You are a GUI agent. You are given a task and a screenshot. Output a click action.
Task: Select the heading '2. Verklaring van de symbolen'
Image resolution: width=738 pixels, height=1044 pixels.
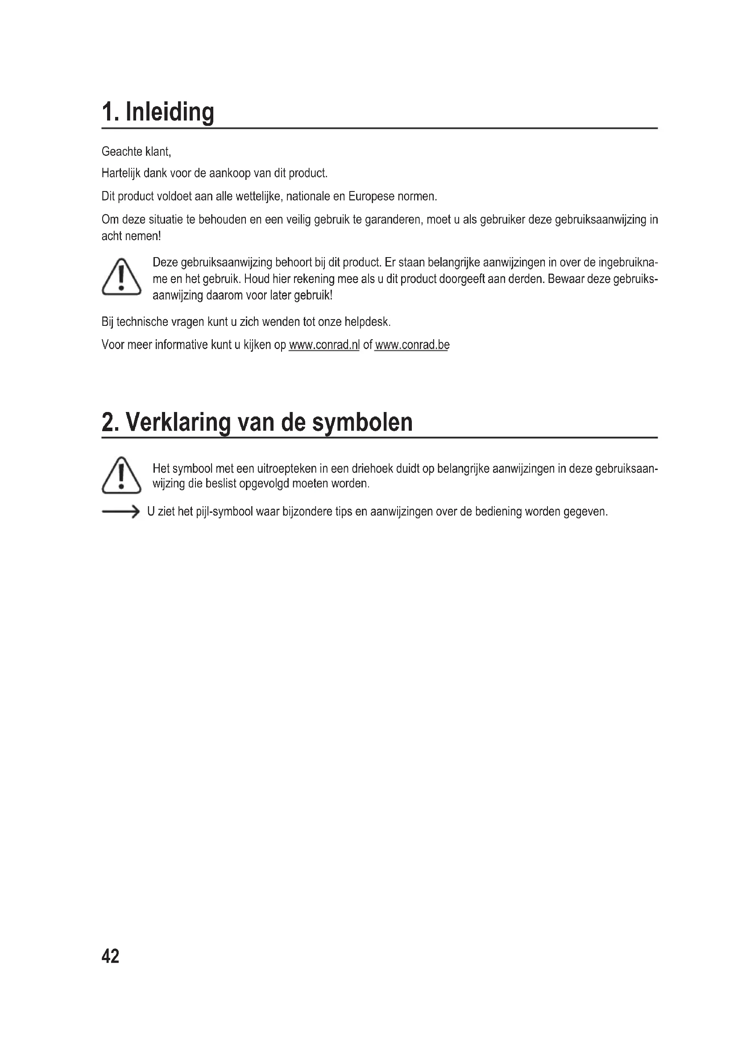click(x=257, y=422)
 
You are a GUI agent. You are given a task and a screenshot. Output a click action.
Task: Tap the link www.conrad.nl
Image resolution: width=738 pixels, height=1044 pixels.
click(x=324, y=345)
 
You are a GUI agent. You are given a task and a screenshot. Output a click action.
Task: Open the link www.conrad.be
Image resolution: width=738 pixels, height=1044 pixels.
click(x=412, y=345)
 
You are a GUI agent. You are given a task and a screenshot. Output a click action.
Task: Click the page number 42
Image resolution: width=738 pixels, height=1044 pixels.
click(x=110, y=956)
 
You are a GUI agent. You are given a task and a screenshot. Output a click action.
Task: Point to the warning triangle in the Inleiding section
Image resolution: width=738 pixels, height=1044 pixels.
click(x=121, y=277)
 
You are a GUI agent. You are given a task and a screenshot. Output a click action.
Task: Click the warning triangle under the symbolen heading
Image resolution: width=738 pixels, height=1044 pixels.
click(x=121, y=475)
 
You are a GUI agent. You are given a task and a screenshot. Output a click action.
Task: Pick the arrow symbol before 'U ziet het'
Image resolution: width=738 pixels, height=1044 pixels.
click(x=120, y=512)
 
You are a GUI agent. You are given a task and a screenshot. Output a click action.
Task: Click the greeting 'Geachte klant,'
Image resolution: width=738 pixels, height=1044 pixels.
click(x=137, y=151)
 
